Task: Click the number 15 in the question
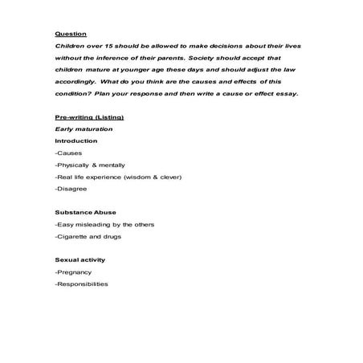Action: [x=98, y=47]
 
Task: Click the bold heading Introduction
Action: [x=75, y=141]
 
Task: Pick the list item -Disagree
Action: [x=71, y=188]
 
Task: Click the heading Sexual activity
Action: [x=80, y=260]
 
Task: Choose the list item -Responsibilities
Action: [x=81, y=284]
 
